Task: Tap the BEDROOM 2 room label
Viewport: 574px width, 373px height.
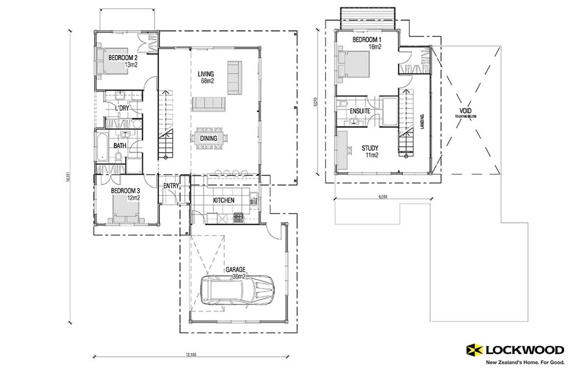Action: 123,61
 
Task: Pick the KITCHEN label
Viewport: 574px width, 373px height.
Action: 224,200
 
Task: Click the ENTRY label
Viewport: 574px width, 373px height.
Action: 171,186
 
